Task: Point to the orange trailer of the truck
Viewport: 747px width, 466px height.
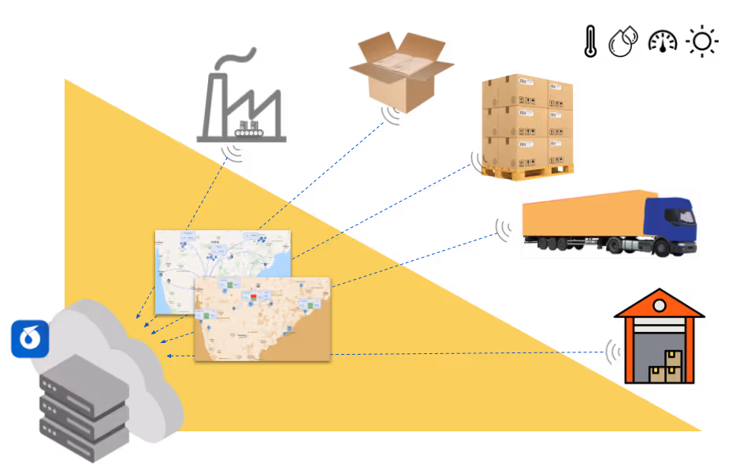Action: click(583, 216)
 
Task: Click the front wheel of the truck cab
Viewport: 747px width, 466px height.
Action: click(661, 248)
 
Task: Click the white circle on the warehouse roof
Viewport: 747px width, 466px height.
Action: click(660, 305)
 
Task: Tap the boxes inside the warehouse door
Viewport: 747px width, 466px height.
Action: click(666, 367)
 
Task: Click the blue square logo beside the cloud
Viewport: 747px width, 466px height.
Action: click(30, 339)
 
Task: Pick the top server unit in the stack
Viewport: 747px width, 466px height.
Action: click(83, 378)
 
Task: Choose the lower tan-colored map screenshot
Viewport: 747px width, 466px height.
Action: click(262, 319)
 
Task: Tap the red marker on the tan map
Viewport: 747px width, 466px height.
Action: click(254, 297)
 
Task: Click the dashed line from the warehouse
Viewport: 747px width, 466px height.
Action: click(473, 353)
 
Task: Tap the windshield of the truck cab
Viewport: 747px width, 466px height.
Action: click(685, 213)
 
